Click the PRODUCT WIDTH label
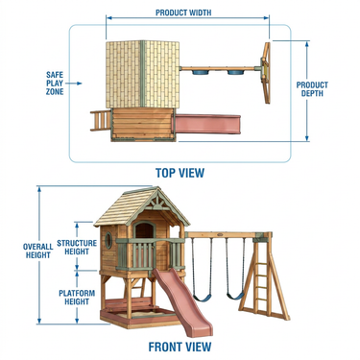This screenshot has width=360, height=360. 183,12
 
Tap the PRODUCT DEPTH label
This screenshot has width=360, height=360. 312,89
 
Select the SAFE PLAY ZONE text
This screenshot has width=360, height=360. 55,84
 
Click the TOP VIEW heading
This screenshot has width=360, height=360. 180,173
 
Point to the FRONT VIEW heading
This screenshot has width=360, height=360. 180,347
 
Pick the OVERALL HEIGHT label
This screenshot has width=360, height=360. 38,251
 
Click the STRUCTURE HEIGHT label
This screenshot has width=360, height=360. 77,248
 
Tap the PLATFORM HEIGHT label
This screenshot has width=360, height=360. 77,298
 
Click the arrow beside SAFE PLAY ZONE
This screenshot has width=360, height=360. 76,84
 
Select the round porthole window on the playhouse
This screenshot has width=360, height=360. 108,240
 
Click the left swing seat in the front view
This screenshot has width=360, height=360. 203,299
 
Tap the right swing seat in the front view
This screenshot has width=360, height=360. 235,296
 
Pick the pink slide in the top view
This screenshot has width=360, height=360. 207,124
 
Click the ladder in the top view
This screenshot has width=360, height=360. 101,120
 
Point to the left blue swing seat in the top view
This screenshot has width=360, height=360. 200,72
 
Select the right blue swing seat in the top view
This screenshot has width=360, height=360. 235,72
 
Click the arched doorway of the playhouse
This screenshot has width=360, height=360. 144,230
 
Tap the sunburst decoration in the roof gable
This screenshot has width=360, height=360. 157,201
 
